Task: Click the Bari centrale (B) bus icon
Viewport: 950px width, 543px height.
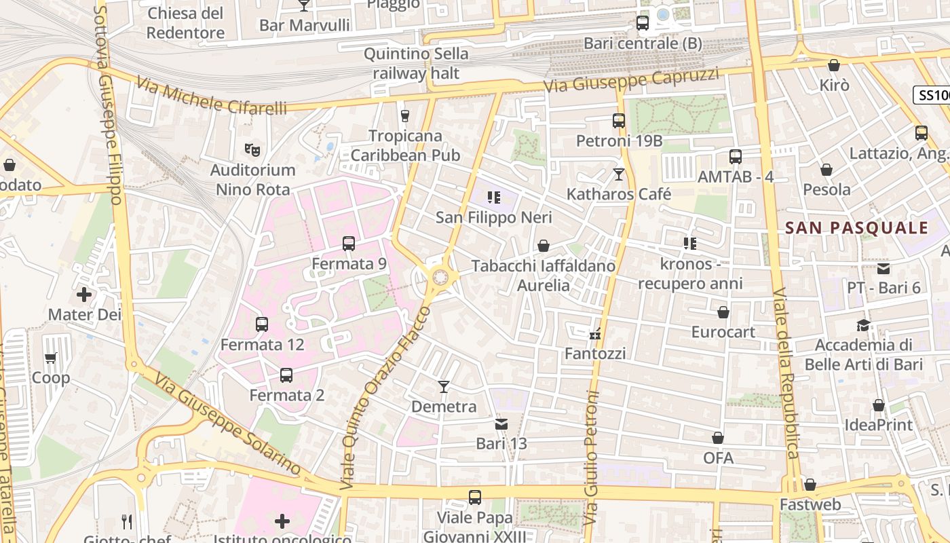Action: [642, 23]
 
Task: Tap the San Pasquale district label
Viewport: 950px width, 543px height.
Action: [856, 228]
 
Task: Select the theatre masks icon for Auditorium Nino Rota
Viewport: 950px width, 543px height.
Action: [252, 149]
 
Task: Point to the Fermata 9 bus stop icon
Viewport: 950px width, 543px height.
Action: [349, 243]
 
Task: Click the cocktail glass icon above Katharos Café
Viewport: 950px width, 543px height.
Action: [618, 174]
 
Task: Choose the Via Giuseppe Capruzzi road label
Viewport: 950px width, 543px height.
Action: [631, 80]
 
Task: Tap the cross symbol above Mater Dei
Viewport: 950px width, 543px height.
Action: [84, 295]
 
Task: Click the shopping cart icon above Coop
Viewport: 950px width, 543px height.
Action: [51, 358]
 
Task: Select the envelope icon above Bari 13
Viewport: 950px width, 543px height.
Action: [501, 424]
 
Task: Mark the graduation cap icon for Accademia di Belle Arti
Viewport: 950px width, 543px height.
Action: [863, 325]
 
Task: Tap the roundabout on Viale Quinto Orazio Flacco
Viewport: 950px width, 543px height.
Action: [440, 276]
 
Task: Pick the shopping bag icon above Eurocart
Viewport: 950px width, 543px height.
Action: [723, 312]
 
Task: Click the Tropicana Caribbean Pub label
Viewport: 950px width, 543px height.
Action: [406, 145]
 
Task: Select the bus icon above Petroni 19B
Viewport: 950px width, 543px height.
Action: [619, 121]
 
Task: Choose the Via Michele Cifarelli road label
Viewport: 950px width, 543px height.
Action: [211, 96]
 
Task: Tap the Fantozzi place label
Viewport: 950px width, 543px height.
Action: [595, 354]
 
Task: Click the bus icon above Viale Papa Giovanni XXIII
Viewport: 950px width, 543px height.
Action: [475, 498]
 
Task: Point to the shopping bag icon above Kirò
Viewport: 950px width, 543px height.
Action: [834, 65]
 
